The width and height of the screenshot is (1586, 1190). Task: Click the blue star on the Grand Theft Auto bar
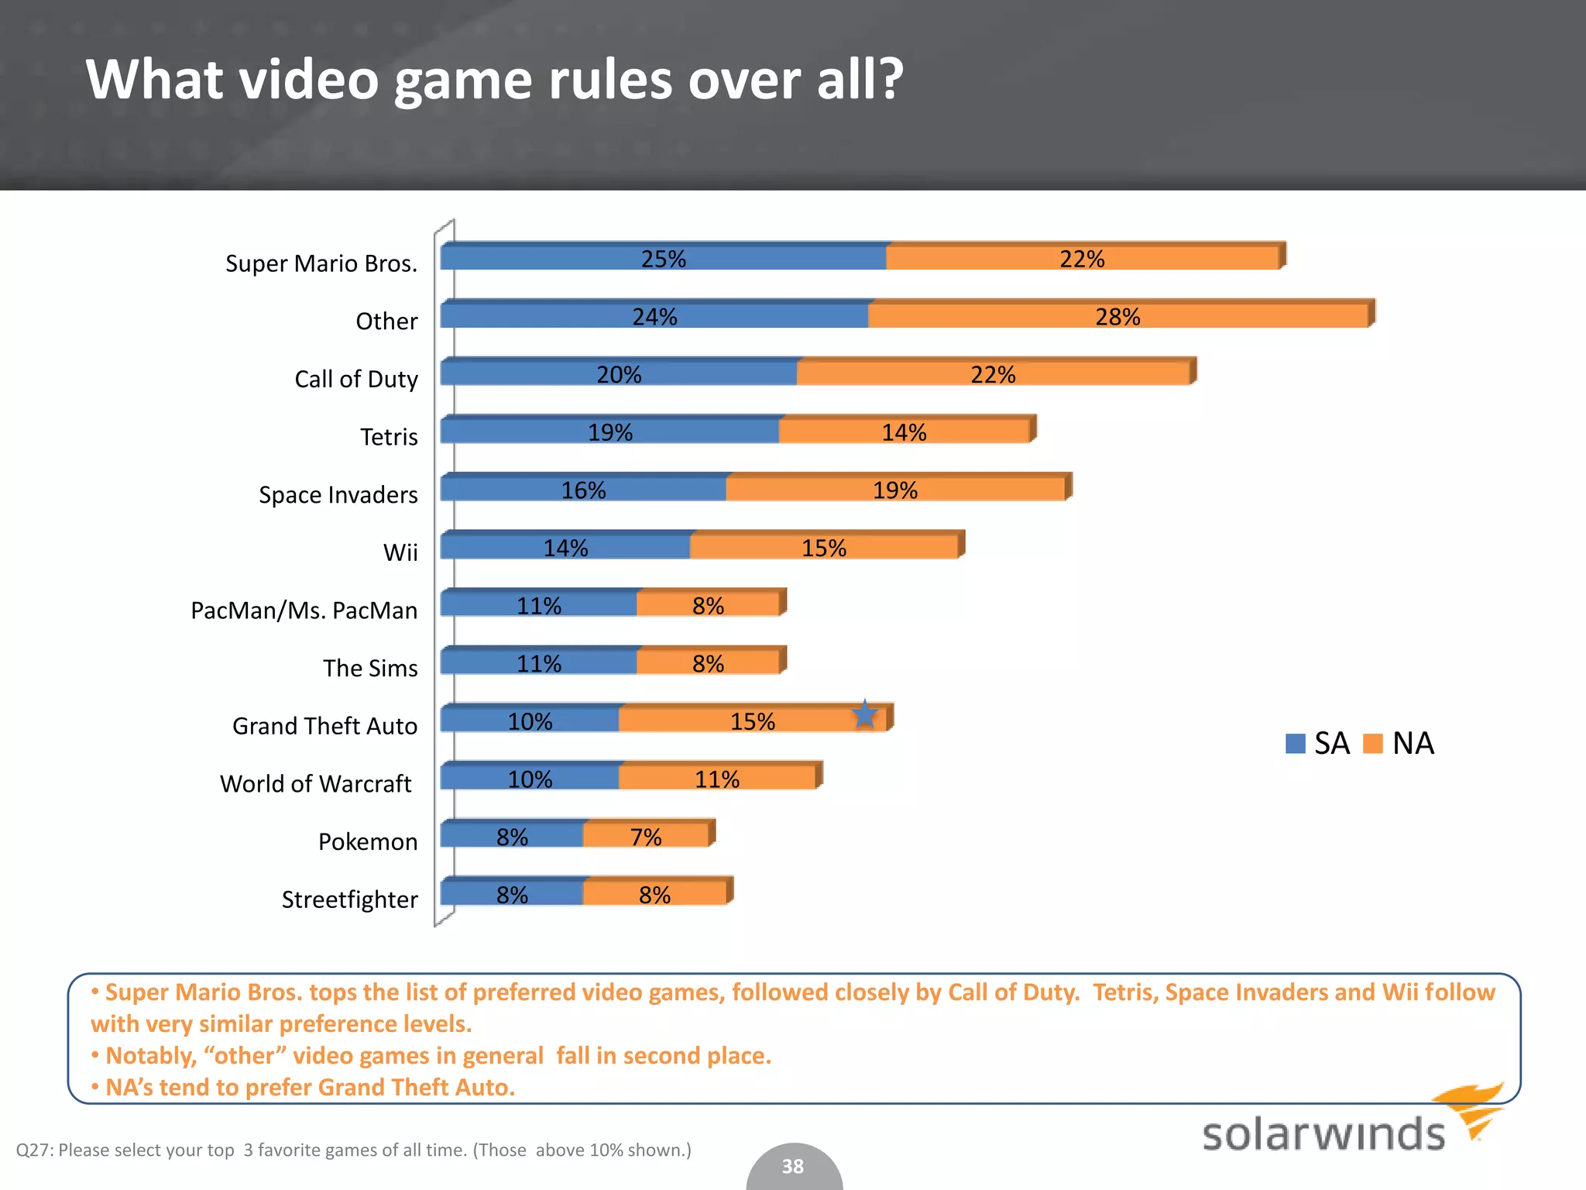(864, 714)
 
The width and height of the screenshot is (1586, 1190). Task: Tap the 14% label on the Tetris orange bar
(904, 432)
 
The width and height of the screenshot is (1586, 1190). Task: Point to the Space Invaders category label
(338, 494)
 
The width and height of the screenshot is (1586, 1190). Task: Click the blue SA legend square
(1295, 744)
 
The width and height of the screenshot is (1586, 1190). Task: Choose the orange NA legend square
(1372, 744)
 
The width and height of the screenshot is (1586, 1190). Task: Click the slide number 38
(792, 1166)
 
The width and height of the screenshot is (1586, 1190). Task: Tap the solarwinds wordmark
(1323, 1134)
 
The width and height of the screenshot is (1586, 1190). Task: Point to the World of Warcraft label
(316, 784)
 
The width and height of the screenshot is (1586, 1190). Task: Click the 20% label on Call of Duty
(619, 375)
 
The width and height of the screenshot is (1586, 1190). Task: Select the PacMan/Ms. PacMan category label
(304, 610)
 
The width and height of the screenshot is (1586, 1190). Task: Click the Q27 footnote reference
(34, 1150)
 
